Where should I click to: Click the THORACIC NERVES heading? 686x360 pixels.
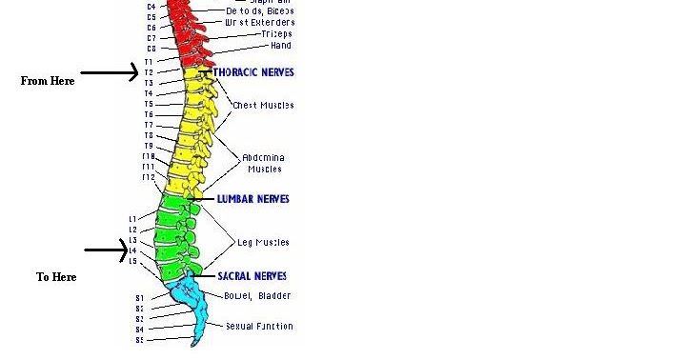pyautogui.click(x=253, y=72)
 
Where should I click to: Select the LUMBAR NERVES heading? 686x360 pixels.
pyautogui.click(x=252, y=199)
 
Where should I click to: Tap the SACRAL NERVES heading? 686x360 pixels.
pyautogui.click(x=252, y=276)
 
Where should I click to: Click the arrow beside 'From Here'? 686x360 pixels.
pyautogui.click(x=110, y=71)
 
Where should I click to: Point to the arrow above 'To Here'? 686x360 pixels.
pyautogui.click(x=106, y=250)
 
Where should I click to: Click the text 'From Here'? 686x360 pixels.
pyautogui.click(x=48, y=82)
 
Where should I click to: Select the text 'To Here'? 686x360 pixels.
pyautogui.click(x=56, y=277)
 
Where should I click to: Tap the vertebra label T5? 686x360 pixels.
pyautogui.click(x=149, y=104)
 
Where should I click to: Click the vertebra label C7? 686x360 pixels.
pyautogui.click(x=151, y=38)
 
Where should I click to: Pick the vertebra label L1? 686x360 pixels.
pyautogui.click(x=133, y=219)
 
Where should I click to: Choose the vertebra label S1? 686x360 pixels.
pyautogui.click(x=139, y=298)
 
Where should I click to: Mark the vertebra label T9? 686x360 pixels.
pyautogui.click(x=149, y=146)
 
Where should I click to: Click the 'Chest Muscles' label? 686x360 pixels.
pyautogui.click(x=263, y=105)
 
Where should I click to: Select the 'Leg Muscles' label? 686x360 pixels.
pyautogui.click(x=263, y=243)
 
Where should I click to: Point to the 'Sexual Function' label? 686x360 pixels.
pyautogui.click(x=259, y=327)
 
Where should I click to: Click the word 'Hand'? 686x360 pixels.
pyautogui.click(x=280, y=46)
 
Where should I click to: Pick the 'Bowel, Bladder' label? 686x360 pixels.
pyautogui.click(x=257, y=296)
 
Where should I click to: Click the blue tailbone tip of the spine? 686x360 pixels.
pyautogui.click(x=195, y=341)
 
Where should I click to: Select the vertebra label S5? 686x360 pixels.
pyautogui.click(x=139, y=340)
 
